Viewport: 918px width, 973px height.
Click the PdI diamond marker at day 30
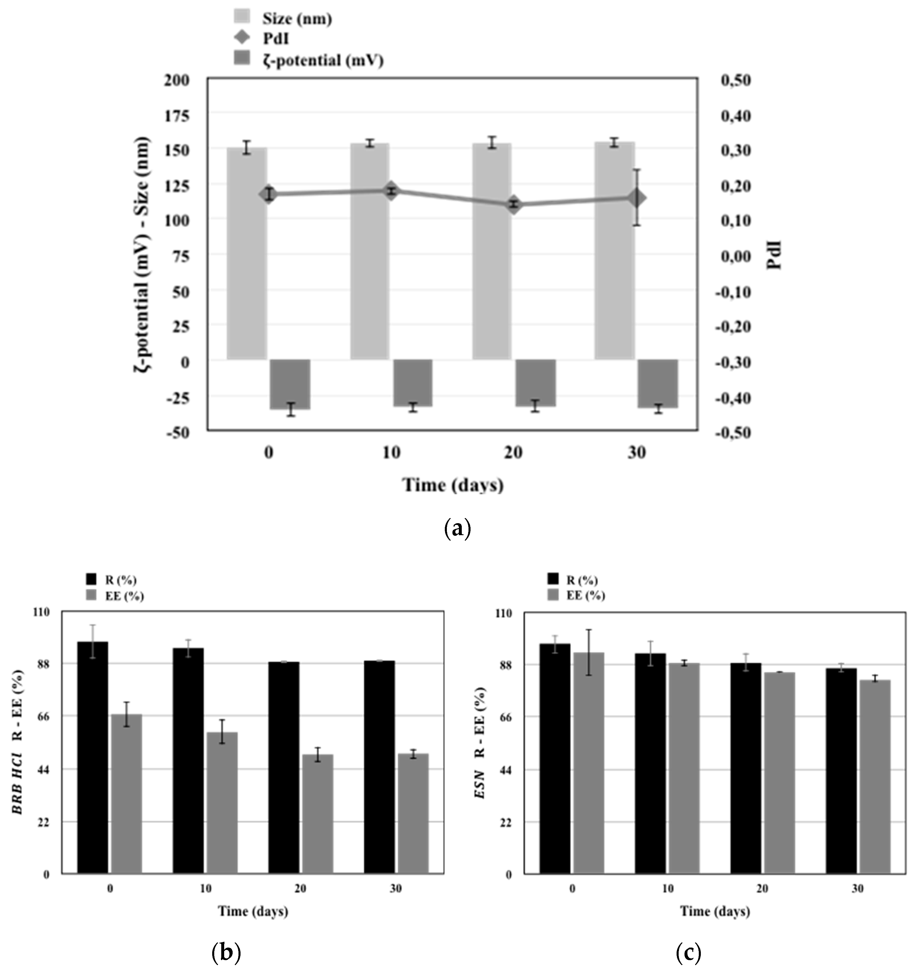636,198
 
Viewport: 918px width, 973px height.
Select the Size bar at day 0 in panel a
247,255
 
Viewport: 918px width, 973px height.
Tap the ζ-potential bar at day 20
535,383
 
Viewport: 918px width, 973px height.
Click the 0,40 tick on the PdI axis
736,115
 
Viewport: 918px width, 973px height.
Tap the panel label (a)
457,529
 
